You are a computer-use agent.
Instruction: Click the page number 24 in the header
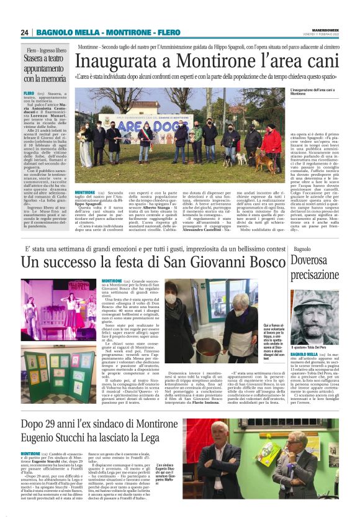[24, 32]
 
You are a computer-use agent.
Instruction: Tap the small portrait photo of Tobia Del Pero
[314, 314]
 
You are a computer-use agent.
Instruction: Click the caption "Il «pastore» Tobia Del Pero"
[312, 345]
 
